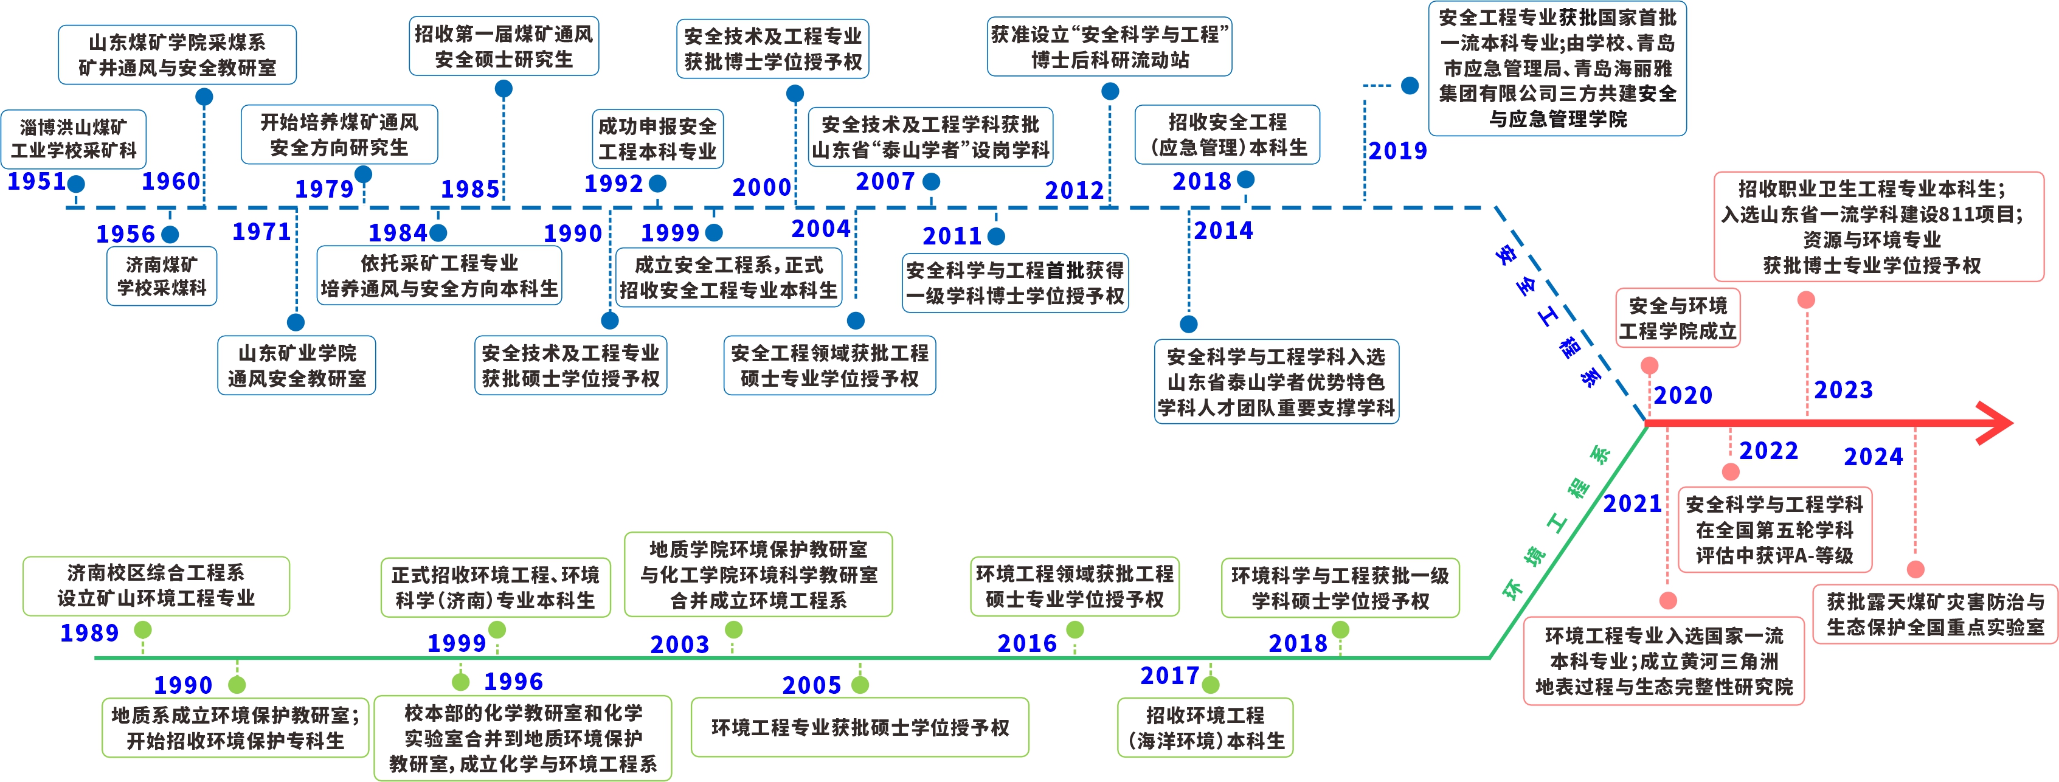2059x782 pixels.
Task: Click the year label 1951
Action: [36, 181]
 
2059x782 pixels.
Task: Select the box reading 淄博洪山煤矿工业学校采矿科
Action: [74, 139]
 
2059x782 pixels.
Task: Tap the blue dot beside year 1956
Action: [170, 234]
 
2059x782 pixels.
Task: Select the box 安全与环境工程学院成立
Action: [1678, 318]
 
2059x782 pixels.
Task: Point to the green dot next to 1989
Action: [143, 630]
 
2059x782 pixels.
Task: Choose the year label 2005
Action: [811, 685]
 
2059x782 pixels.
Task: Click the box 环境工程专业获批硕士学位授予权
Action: [860, 728]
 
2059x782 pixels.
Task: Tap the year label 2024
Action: [1874, 457]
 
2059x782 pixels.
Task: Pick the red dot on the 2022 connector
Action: [1731, 472]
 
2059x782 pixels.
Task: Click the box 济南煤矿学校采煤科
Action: [162, 276]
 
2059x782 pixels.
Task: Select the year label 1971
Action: [261, 232]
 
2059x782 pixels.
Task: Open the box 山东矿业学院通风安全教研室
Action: [297, 365]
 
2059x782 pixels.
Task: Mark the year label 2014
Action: [1223, 231]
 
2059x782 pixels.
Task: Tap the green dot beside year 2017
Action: [1211, 685]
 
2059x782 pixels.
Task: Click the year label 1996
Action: [513, 682]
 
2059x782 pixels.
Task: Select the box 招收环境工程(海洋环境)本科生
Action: [1205, 728]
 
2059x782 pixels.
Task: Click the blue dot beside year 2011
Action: [996, 236]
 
